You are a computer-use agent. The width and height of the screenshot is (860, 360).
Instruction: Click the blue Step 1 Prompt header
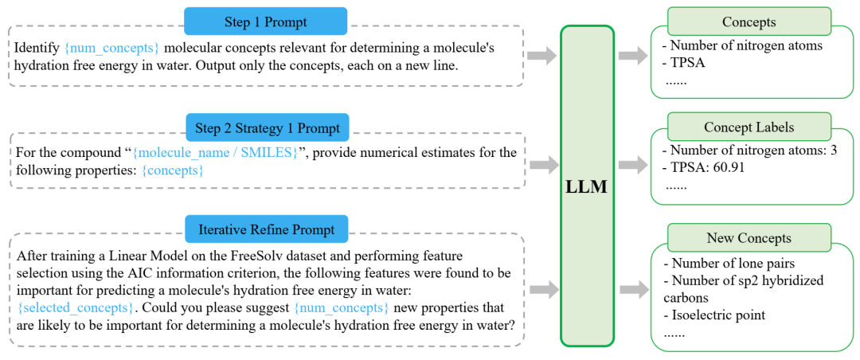click(x=265, y=22)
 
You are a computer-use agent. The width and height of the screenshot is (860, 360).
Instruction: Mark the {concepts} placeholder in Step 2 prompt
click(x=172, y=170)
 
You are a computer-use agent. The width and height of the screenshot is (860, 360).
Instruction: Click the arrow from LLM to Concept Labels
click(x=635, y=164)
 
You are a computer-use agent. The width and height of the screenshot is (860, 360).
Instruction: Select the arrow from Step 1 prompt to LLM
click(x=543, y=56)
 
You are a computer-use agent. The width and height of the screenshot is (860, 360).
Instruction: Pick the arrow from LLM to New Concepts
click(x=635, y=288)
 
